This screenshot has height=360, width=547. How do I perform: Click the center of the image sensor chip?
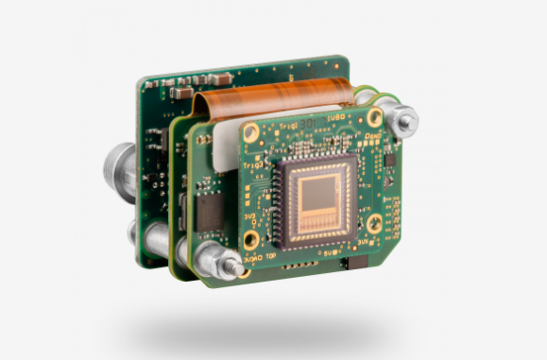click(312, 196)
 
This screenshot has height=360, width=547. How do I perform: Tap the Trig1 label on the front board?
click(287, 125)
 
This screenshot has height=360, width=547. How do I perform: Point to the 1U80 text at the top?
click(333, 117)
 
